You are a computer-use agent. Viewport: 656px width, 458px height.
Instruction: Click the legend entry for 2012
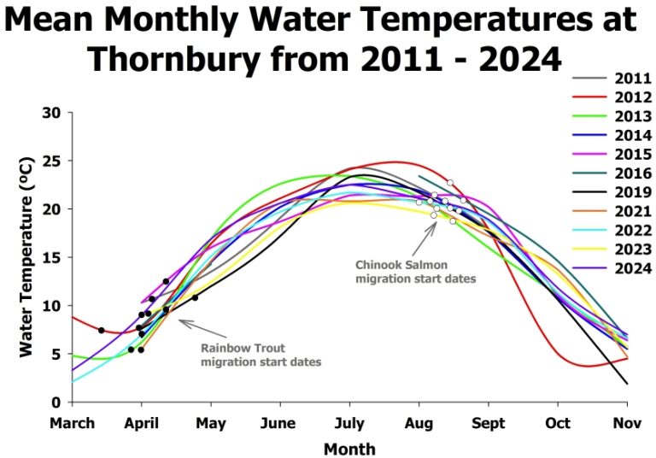click(633, 97)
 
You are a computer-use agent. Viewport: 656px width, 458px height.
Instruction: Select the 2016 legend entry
click(633, 173)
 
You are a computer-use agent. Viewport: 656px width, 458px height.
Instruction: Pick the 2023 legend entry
click(633, 250)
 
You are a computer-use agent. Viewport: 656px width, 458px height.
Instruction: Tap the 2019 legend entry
click(633, 192)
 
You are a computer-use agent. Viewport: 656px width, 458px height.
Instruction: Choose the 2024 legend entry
click(633, 268)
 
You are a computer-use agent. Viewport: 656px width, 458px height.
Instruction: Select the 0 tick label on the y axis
click(56, 402)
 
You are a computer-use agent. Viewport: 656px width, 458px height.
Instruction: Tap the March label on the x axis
click(73, 422)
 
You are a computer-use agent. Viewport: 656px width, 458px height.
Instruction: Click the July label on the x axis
click(348, 422)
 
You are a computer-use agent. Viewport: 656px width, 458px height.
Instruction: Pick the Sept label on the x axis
click(489, 422)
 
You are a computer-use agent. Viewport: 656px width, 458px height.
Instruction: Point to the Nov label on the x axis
click(627, 422)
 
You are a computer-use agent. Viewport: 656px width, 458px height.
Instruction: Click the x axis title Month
click(348, 448)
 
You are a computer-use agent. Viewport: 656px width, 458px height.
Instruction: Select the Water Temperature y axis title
click(26, 256)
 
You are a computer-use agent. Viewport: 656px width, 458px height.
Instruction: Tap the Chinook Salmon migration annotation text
click(415, 272)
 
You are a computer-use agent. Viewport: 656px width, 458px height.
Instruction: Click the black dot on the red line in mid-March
click(101, 330)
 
